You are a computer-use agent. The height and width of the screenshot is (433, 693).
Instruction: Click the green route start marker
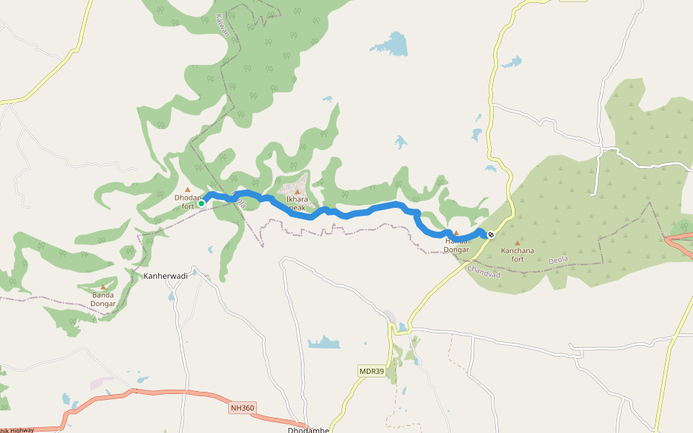pyautogui.click(x=201, y=204)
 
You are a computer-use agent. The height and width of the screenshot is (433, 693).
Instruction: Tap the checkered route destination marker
pyautogui.click(x=491, y=234)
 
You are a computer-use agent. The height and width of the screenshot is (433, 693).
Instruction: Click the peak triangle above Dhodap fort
pyautogui.click(x=188, y=190)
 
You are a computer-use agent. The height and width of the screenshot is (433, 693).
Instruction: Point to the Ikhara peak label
pyautogui.click(x=297, y=203)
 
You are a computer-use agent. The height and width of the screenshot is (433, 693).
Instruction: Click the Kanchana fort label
pyautogui.click(x=518, y=255)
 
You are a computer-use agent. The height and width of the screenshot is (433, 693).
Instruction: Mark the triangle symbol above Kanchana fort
pyautogui.click(x=518, y=243)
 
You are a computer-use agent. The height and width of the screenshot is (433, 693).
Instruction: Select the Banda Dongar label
pyautogui.click(x=103, y=299)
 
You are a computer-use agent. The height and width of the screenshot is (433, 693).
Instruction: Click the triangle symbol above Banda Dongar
pyautogui.click(x=103, y=287)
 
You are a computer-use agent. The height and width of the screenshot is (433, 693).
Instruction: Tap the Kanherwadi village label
pyautogui.click(x=165, y=276)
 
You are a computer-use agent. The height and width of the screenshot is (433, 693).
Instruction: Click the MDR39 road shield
pyautogui.click(x=372, y=371)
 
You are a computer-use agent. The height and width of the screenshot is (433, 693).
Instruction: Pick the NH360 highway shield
pyautogui.click(x=243, y=408)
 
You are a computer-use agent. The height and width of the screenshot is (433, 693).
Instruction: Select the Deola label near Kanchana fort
pyautogui.click(x=559, y=259)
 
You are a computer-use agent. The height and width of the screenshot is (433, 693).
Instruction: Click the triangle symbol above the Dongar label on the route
pyautogui.click(x=456, y=233)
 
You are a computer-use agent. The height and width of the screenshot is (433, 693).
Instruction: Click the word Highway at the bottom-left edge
pyautogui.click(x=22, y=430)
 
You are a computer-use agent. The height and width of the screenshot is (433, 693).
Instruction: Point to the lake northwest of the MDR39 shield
pyautogui.click(x=324, y=342)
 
